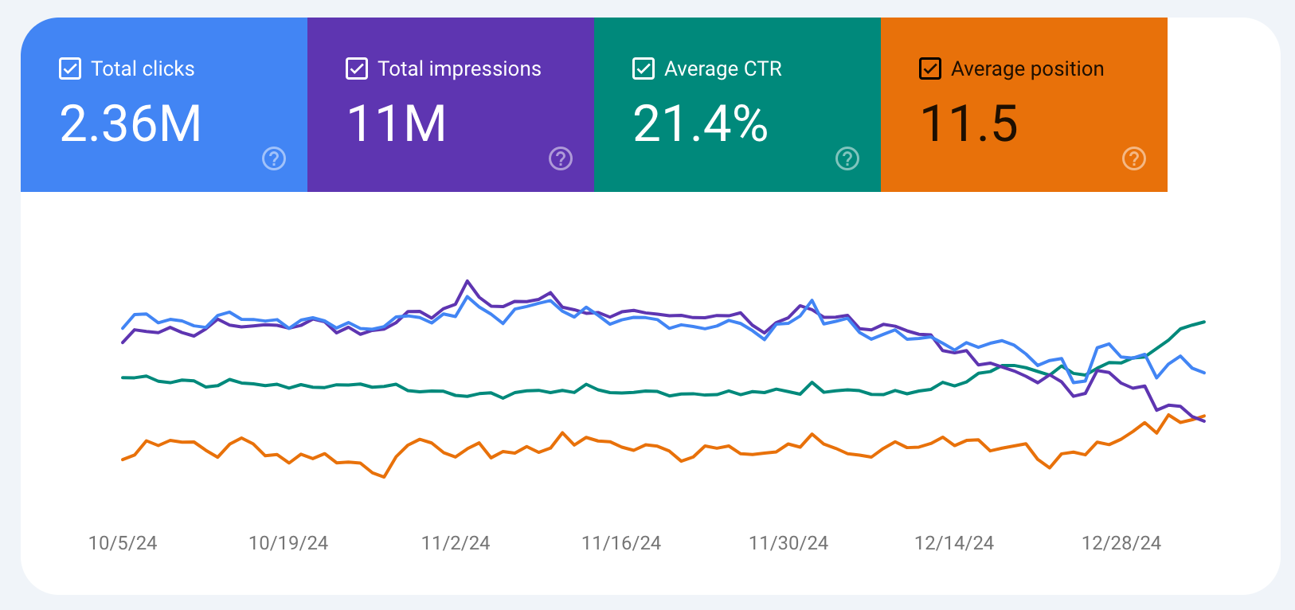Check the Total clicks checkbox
[x=70, y=68]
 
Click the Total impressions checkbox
[x=357, y=68]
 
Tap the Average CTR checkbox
[x=644, y=68]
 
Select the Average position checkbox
[x=930, y=68]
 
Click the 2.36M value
[x=131, y=123]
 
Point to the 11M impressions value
[x=397, y=123]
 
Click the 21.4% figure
[x=700, y=123]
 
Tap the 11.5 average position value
[x=969, y=123]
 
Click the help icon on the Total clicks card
[x=274, y=158]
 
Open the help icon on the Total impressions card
[x=561, y=158]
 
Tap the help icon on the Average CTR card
[x=847, y=158]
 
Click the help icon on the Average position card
[x=1134, y=158]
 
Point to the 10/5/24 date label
[x=123, y=543]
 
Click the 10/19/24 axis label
[x=288, y=543]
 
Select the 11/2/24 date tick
[x=456, y=543]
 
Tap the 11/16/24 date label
[x=621, y=543]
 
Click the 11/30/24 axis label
[x=788, y=543]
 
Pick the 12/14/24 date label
[x=954, y=543]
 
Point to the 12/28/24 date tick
[x=1121, y=543]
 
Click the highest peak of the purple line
[x=468, y=281]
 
